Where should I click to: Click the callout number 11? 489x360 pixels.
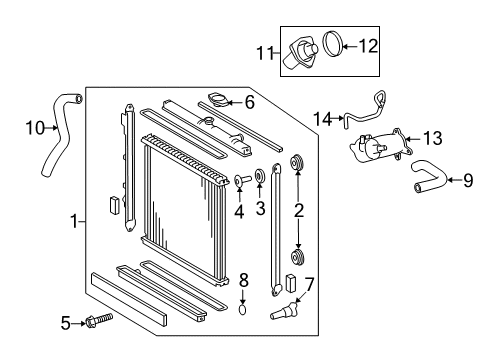click(265, 53)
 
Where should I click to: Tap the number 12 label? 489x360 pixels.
click(368, 46)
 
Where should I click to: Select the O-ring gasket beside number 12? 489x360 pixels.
click(333, 44)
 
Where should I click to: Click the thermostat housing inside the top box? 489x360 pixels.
click(300, 53)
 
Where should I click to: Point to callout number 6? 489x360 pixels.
click(250, 102)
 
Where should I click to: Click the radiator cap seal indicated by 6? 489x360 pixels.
click(218, 100)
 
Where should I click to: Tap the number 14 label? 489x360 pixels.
click(323, 119)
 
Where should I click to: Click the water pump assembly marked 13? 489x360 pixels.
click(381, 146)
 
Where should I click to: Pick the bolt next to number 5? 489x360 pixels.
click(99, 320)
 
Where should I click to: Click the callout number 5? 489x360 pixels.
click(66, 323)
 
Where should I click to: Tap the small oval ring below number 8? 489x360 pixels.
click(243, 310)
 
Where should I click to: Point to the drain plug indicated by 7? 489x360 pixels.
click(283, 311)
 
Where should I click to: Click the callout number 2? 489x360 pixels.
click(299, 210)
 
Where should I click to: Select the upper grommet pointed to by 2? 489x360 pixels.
click(296, 162)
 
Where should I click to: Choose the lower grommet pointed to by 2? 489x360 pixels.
click(297, 257)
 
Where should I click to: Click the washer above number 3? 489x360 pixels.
click(259, 176)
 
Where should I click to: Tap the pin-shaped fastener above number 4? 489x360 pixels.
click(242, 180)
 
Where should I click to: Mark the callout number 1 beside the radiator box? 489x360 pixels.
click(75, 221)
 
